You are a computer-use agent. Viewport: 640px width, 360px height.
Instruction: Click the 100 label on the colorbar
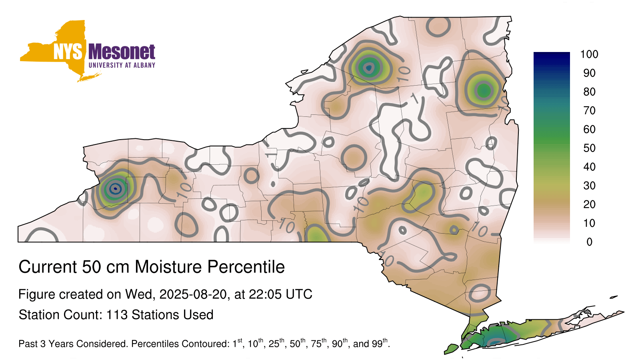[x=589, y=54]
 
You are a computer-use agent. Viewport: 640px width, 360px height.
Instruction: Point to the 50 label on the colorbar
[x=590, y=148]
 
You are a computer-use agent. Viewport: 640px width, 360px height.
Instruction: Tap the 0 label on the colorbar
[x=590, y=242]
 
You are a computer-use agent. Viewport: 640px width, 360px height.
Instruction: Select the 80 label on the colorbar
[x=590, y=92]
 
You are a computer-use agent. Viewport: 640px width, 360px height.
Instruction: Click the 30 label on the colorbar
[x=590, y=186]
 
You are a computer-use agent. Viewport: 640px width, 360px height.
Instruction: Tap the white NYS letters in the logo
[x=68, y=52]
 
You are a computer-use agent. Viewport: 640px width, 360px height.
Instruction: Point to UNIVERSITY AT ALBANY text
[x=122, y=65]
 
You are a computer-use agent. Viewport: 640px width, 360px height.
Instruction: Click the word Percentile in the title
[x=246, y=267]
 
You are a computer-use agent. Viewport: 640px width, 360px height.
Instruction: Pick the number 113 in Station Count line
[x=117, y=314]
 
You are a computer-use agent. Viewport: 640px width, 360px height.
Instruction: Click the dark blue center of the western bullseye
[x=115, y=188]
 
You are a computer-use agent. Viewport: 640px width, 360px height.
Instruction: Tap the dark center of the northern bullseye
[x=369, y=68]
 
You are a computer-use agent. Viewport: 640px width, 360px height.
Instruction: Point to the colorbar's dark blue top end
[x=552, y=56]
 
